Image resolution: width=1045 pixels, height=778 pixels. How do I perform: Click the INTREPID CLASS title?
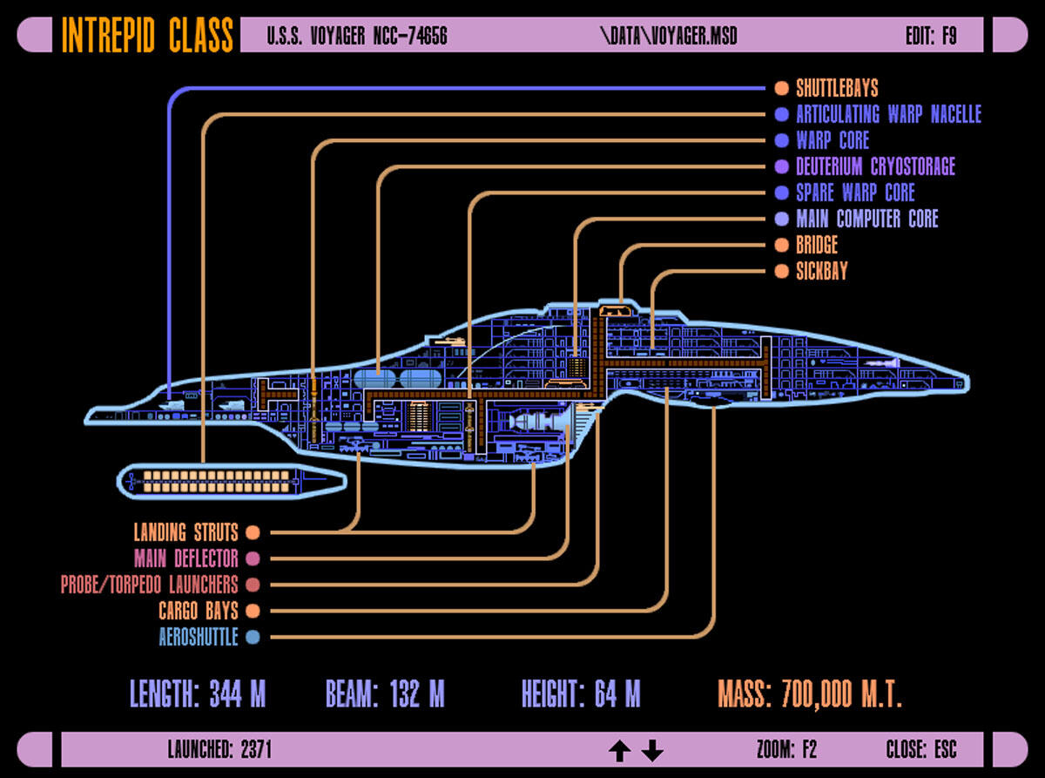click(147, 36)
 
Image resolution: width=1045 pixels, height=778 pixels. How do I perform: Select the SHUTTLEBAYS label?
click(837, 88)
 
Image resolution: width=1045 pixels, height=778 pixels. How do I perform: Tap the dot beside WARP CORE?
click(781, 140)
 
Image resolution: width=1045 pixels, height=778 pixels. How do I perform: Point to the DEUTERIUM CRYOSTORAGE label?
click(875, 166)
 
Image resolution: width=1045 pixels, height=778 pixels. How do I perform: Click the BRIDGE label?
click(817, 245)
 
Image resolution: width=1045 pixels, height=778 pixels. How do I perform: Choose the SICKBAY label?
click(821, 271)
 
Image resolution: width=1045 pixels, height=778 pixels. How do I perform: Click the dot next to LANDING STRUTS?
click(253, 532)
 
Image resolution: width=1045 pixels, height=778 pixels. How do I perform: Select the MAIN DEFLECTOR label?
click(185, 558)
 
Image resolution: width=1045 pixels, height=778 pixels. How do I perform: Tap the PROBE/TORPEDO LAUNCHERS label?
click(149, 585)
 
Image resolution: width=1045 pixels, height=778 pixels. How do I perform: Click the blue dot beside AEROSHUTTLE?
click(253, 637)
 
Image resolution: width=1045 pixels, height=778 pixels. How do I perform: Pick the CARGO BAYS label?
click(198, 611)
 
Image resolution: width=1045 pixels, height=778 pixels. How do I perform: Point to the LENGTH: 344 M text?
click(198, 694)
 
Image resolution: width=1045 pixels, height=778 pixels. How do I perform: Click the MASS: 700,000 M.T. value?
click(810, 694)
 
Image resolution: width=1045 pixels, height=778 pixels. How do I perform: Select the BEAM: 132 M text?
click(385, 694)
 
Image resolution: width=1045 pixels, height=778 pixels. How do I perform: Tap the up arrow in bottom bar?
click(619, 750)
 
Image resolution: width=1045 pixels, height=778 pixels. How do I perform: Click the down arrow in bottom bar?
click(652, 750)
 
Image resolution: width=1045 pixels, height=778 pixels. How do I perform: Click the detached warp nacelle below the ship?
click(232, 480)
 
